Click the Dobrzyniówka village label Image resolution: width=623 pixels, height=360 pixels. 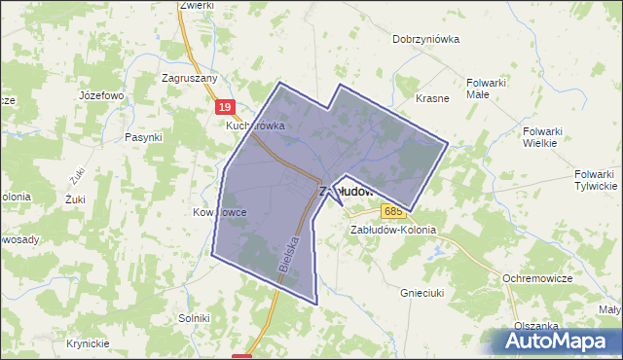(425, 40)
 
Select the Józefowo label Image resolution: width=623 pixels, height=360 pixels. (101, 96)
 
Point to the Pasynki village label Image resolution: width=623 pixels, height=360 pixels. (143, 138)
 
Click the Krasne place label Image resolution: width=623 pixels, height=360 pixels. (432, 99)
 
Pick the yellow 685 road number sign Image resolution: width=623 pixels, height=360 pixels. (393, 211)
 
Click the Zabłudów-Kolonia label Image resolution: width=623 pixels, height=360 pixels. (393, 231)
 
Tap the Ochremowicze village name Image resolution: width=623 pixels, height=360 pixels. (536, 278)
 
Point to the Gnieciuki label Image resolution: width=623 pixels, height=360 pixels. (422, 291)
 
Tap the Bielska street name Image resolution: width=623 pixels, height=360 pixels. (286, 251)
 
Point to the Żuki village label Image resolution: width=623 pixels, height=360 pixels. (75, 199)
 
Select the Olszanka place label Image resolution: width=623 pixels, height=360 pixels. (536, 327)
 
